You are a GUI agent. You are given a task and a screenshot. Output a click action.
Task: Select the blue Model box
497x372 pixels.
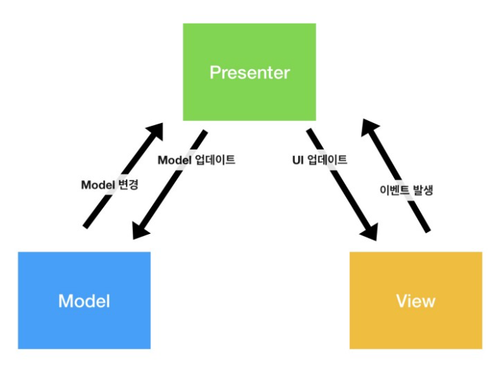tap(84, 300)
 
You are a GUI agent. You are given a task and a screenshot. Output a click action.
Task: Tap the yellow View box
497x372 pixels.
tap(415, 300)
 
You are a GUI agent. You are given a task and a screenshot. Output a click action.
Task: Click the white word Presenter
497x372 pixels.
tap(249, 72)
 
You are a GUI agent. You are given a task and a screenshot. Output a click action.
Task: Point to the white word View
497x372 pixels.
tap(415, 300)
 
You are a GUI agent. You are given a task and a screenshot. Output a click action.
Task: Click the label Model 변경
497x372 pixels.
tap(109, 184)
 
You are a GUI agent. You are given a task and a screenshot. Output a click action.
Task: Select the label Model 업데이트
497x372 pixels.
tap(196, 160)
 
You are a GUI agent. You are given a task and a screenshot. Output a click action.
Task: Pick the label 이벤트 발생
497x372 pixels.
tap(405, 190)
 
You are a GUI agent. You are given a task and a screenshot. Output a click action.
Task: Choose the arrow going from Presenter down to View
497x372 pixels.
tap(342, 184)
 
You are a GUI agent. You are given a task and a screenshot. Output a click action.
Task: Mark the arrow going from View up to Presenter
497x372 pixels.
tap(395, 175)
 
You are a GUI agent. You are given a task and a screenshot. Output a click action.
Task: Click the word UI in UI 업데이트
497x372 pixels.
tap(288, 160)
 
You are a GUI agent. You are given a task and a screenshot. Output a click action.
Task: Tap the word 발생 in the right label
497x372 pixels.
tap(420, 190)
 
